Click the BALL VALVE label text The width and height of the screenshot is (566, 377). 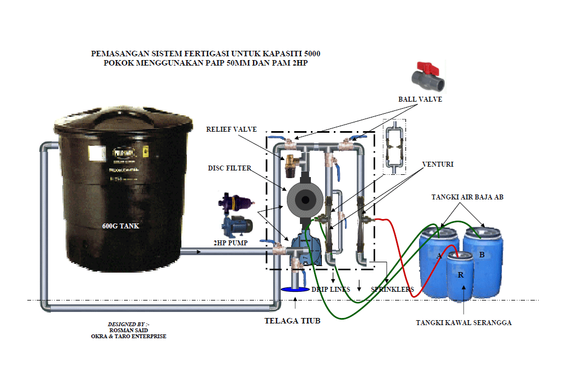click(420, 99)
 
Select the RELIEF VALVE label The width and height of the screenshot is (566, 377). click(231, 129)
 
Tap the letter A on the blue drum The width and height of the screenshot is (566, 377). click(439, 256)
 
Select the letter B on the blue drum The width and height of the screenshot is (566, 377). click(482, 255)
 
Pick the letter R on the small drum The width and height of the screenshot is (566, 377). click(461, 275)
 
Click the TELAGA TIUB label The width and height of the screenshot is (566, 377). click(292, 321)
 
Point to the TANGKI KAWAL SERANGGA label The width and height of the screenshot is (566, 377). click(464, 323)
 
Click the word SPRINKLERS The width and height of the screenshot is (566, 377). click(392, 289)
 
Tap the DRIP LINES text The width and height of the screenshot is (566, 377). click(331, 289)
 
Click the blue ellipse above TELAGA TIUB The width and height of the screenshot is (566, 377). click(295, 290)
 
